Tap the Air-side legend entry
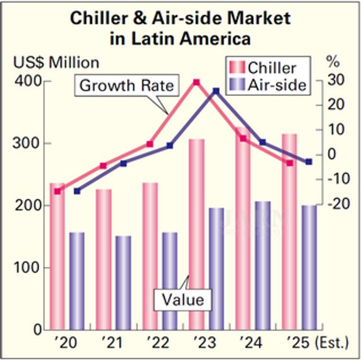tap(268, 85)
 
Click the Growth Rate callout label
tap(127, 86)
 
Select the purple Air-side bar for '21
tap(123, 282)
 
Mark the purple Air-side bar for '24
tap(262, 265)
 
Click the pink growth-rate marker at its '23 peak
tap(196, 82)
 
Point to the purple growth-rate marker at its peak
tap(216, 91)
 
